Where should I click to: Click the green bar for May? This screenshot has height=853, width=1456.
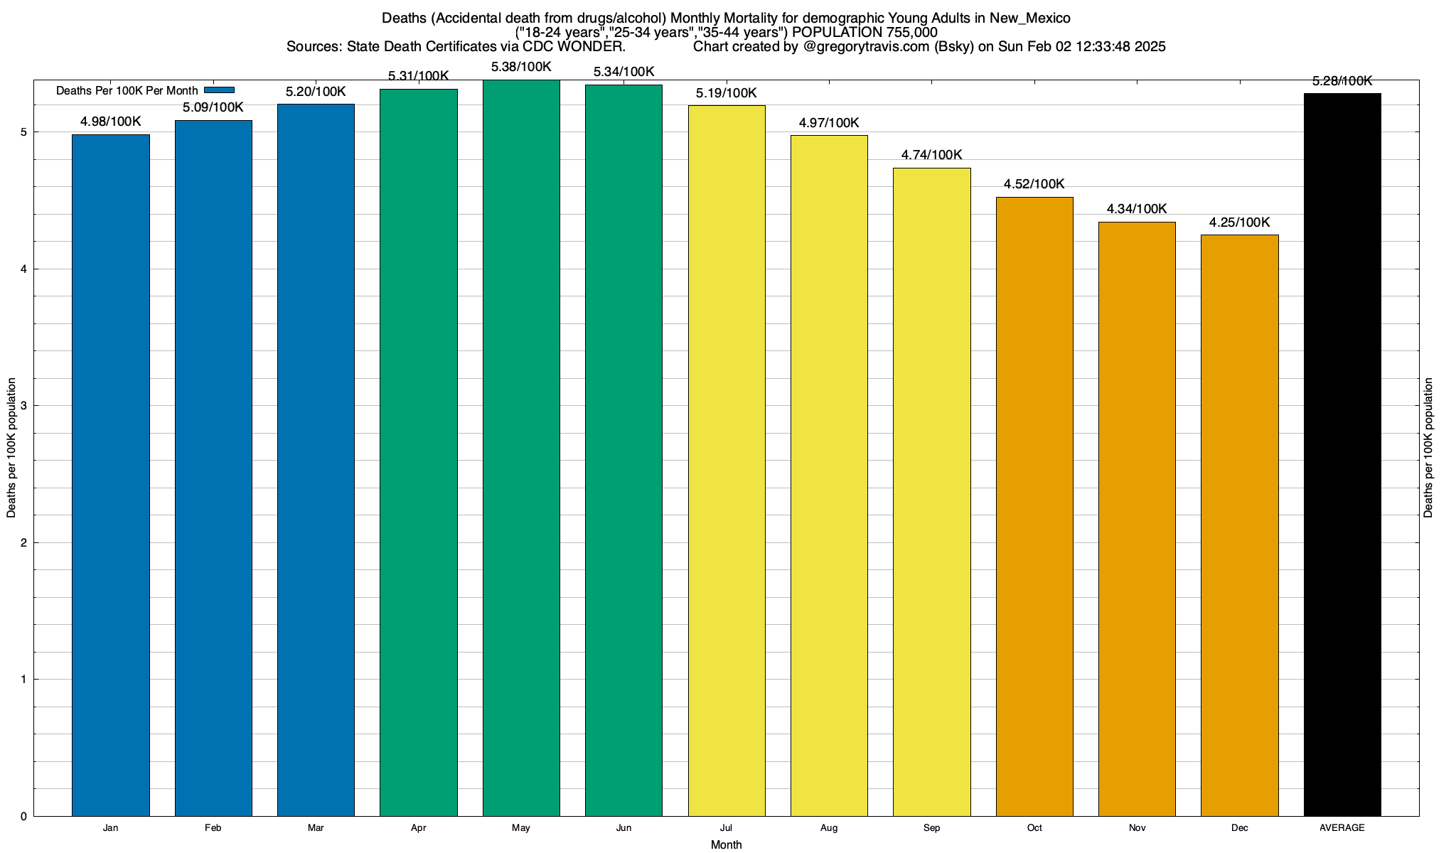[x=521, y=448]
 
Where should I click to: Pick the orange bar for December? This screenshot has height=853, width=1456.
[x=1239, y=525]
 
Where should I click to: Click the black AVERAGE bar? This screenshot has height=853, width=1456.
[x=1342, y=454]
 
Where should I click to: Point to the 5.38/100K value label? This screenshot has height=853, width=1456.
[x=521, y=67]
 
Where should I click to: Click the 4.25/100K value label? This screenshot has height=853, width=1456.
[x=1239, y=222]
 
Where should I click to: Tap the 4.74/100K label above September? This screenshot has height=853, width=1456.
[x=931, y=155]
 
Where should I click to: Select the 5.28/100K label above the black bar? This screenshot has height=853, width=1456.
[x=1342, y=81]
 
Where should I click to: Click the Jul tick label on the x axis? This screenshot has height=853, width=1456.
[x=726, y=828]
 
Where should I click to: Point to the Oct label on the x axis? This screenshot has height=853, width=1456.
[x=1034, y=828]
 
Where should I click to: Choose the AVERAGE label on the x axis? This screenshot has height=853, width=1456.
[x=1342, y=828]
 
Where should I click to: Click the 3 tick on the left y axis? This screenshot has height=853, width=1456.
[x=23, y=406]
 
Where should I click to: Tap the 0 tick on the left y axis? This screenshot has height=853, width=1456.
[x=23, y=817]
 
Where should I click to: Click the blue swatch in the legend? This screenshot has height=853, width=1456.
[x=219, y=90]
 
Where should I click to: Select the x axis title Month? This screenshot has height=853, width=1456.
[x=726, y=844]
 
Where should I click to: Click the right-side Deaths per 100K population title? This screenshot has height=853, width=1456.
[x=1428, y=448]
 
